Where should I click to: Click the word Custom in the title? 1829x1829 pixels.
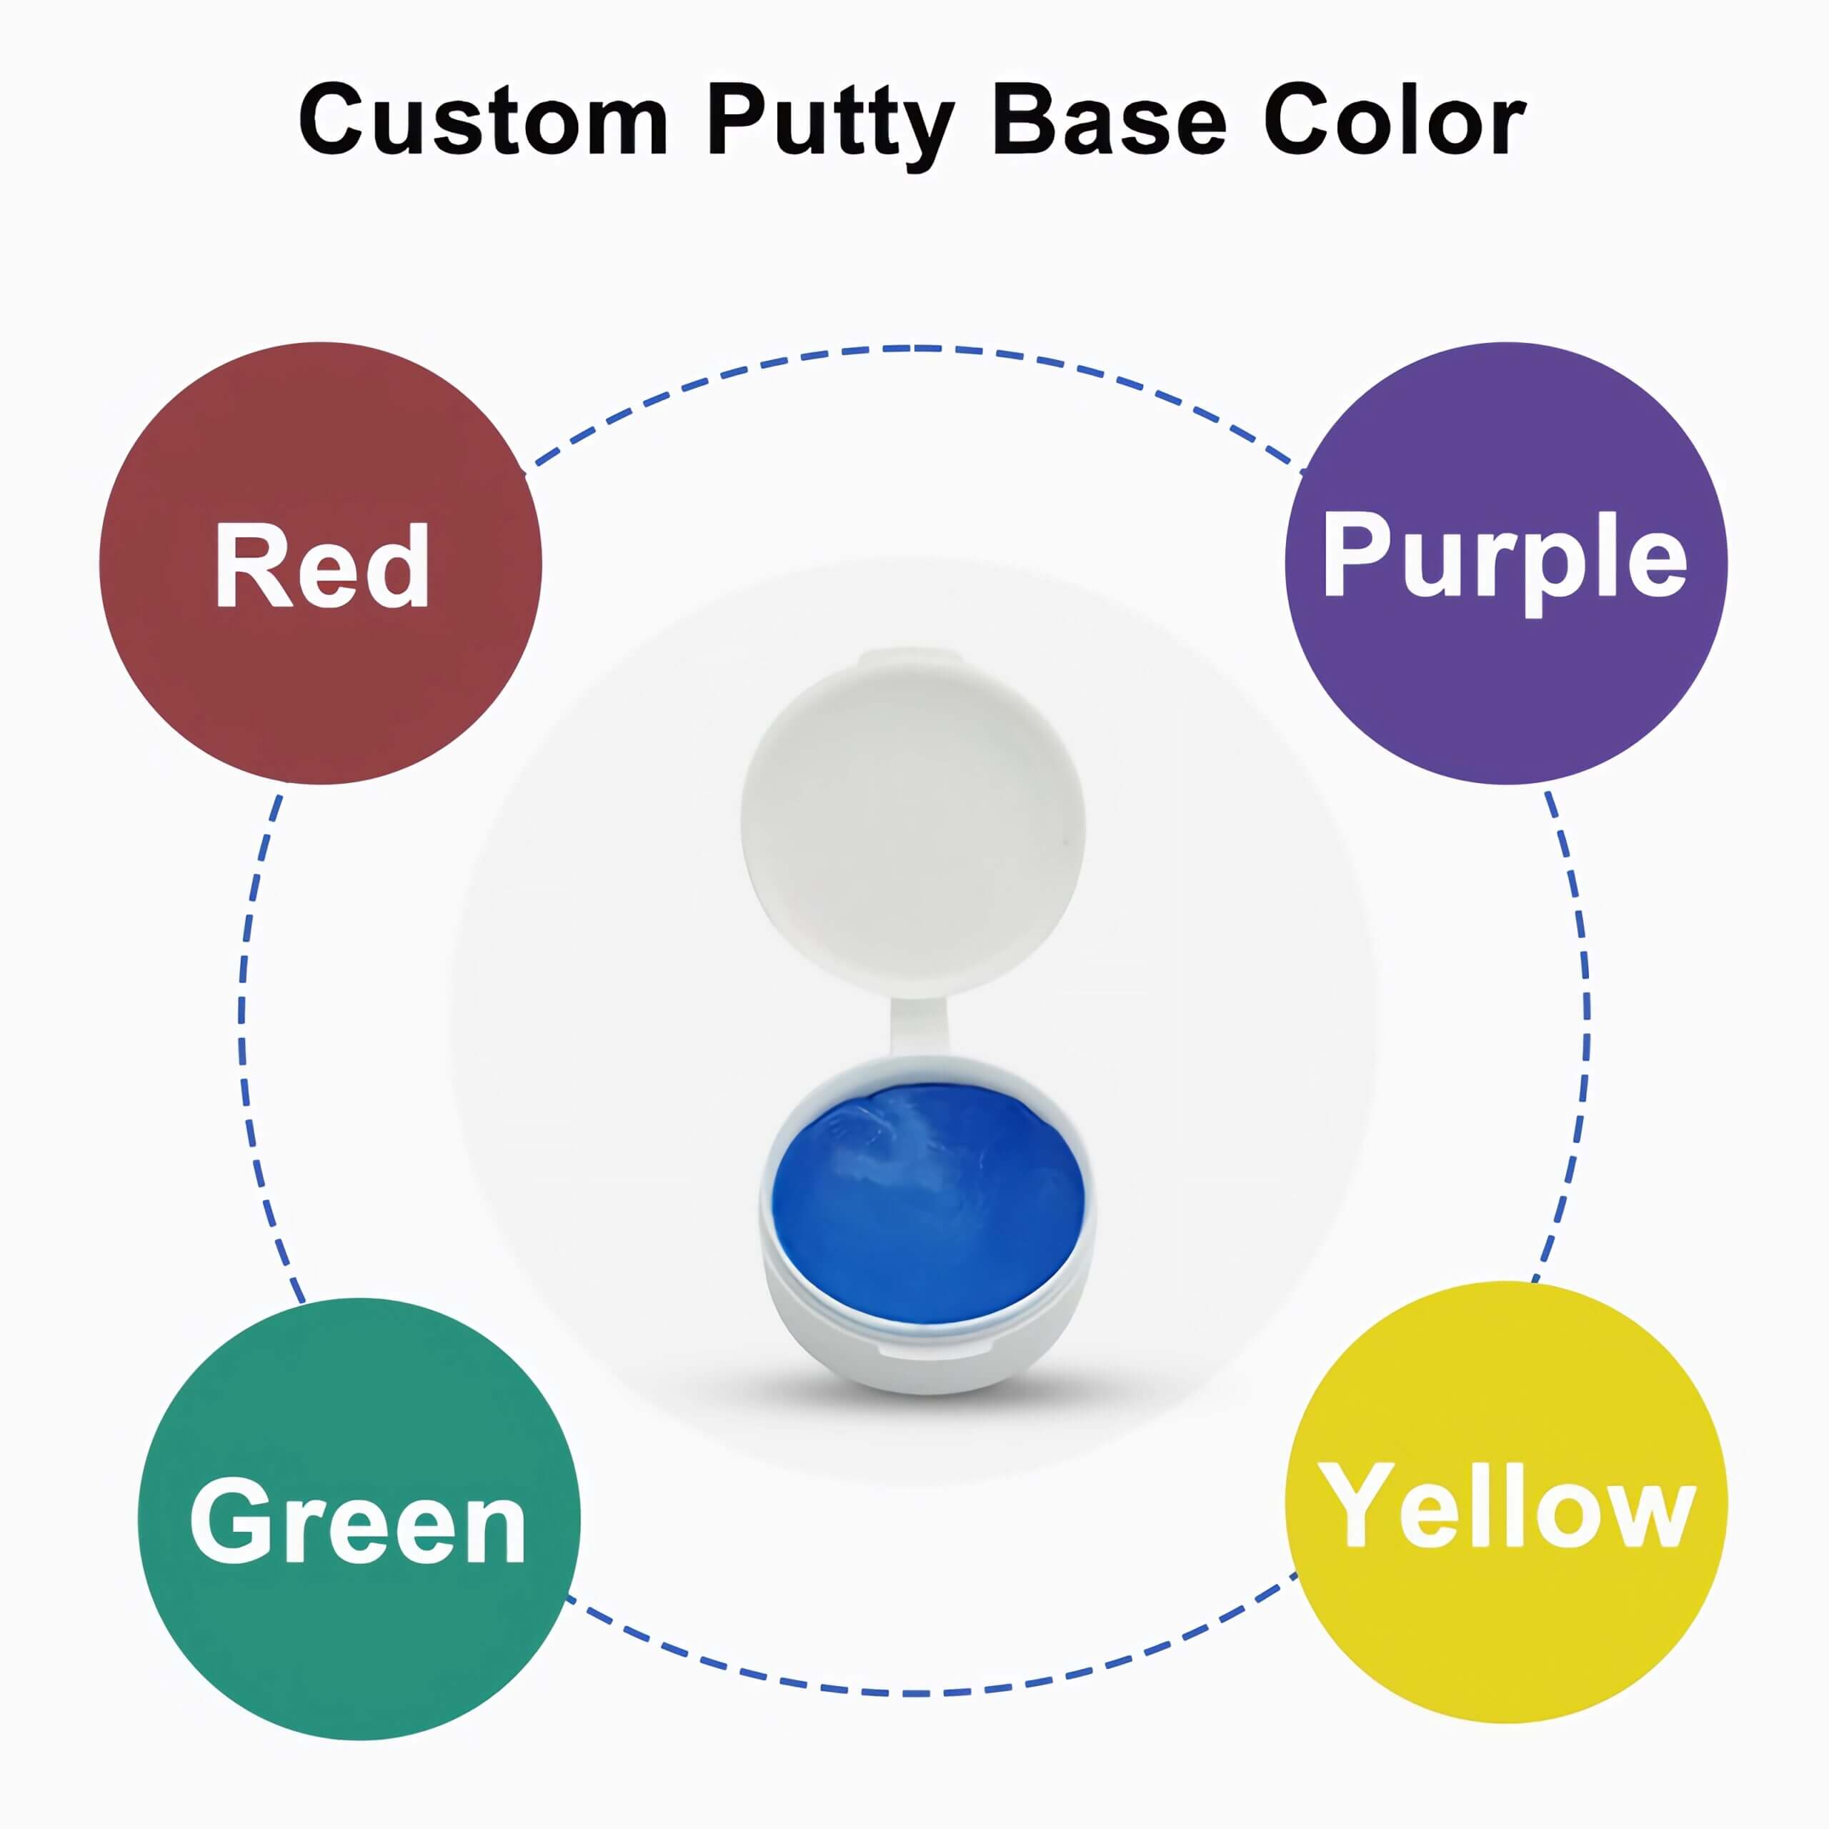pos(484,120)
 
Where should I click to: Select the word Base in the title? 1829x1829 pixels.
pos(1110,120)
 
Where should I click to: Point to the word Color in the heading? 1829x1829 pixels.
pos(1395,120)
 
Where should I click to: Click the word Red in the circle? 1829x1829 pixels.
pos(322,565)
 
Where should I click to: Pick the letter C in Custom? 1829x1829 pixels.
pos(336,120)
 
